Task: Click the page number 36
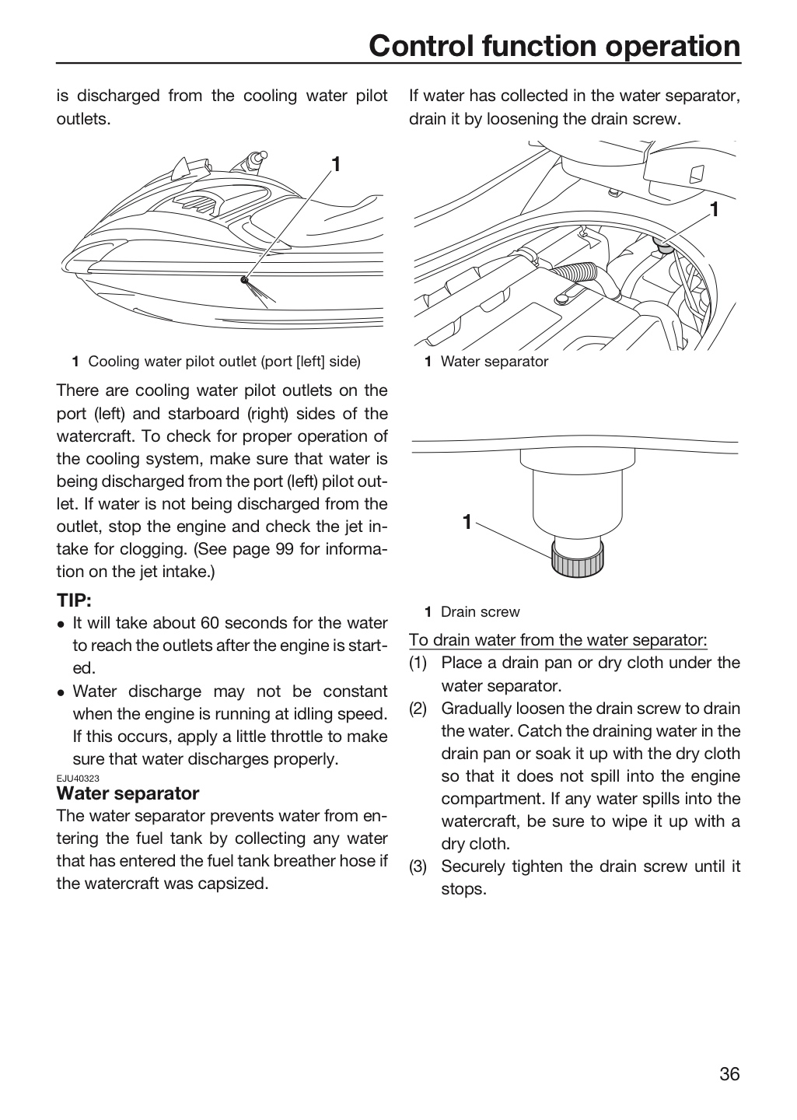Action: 729,1074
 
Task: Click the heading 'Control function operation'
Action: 554,45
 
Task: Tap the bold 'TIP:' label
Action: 74,600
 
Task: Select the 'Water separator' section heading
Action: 128,793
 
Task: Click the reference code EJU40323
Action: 78,779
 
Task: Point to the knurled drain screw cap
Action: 578,559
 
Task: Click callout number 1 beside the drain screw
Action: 467,522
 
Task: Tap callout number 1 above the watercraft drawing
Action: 336,164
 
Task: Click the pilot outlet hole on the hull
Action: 244,279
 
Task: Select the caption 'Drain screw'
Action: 480,612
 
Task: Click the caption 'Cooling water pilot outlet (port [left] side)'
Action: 224,362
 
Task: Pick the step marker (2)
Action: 418,709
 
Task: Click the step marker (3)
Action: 418,866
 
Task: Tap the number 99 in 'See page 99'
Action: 285,549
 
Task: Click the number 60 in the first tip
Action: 210,623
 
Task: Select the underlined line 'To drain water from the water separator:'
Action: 558,640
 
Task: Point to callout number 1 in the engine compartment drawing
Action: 715,209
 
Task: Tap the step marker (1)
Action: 418,663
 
